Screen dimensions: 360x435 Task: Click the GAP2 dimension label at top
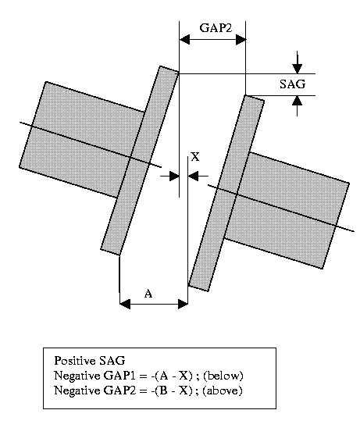point(216,28)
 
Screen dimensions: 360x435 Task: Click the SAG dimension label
point(292,84)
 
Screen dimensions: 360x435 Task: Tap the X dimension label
point(195,157)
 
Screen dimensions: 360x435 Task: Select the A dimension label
point(148,293)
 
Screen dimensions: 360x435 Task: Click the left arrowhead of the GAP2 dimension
point(185,39)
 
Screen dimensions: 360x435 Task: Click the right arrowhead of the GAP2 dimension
point(241,39)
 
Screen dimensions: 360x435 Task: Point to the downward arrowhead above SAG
point(298,69)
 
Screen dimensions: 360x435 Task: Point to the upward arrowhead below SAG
point(298,101)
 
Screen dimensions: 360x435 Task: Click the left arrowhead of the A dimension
point(125,304)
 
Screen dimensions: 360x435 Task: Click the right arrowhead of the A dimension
point(183,304)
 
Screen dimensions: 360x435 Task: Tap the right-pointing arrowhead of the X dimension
point(174,176)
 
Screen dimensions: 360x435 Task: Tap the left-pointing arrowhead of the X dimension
point(193,176)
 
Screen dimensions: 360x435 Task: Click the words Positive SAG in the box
point(90,361)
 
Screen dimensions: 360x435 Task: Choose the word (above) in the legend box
point(223,390)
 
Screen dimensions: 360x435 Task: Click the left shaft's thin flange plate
point(140,160)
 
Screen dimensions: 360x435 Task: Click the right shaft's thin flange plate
point(226,193)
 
